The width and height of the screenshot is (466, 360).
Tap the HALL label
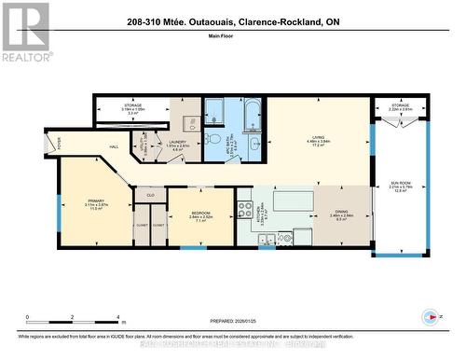click(x=114, y=146)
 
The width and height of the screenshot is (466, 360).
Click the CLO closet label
click(x=150, y=195)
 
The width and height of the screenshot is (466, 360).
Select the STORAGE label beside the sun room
click(x=401, y=105)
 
